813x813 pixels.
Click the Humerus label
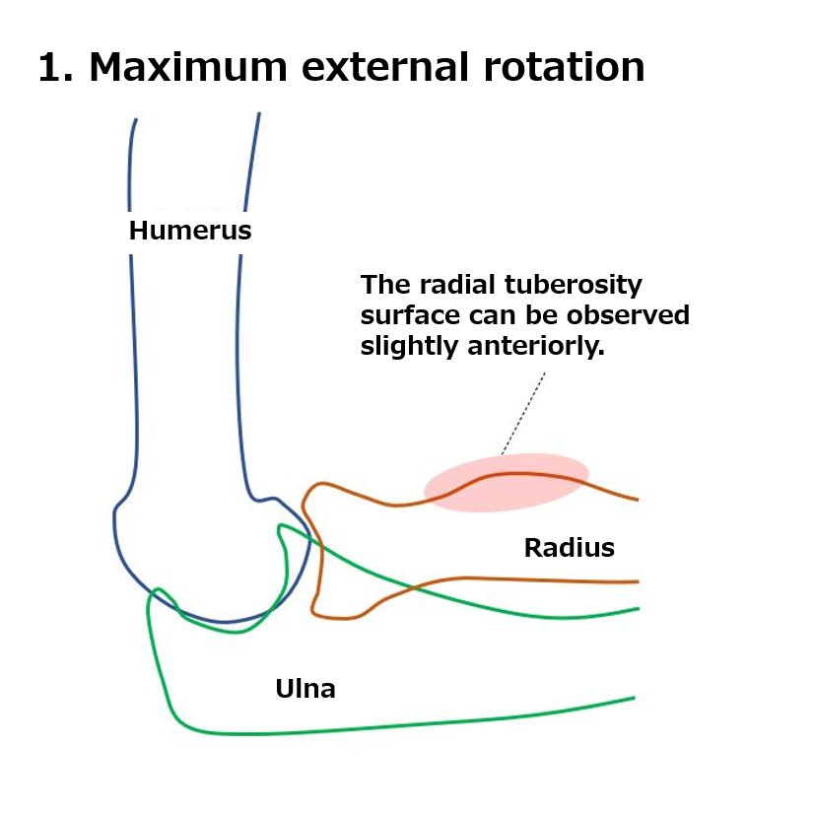pyautogui.click(x=190, y=231)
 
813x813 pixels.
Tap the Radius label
pyautogui.click(x=570, y=548)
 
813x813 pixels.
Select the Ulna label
pyautogui.click(x=305, y=689)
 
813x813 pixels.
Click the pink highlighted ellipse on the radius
pyautogui.click(x=507, y=483)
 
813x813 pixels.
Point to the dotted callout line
pyautogui.click(x=523, y=413)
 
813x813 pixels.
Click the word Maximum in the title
pyautogui.click(x=187, y=67)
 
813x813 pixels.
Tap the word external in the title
pyautogui.click(x=385, y=67)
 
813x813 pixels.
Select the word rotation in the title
pyautogui.click(x=564, y=67)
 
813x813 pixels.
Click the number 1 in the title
pyautogui.click(x=51, y=67)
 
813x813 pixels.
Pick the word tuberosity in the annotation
pyautogui.click(x=574, y=286)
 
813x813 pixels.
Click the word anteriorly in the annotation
pyautogui.click(x=536, y=347)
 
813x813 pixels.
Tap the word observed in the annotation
pyautogui.click(x=628, y=315)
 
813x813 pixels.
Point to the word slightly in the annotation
pyautogui.click(x=409, y=347)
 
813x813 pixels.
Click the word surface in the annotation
pyautogui.click(x=410, y=316)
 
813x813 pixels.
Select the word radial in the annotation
pyautogui.click(x=457, y=285)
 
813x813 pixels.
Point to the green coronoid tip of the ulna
pyautogui.click(x=281, y=527)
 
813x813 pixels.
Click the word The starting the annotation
pyautogui.click(x=386, y=285)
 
